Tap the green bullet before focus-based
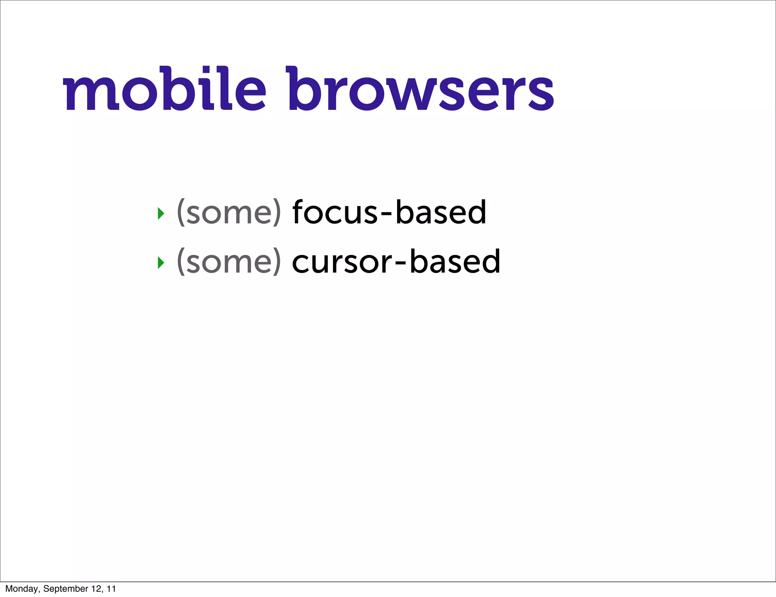(161, 214)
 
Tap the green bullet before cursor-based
(161, 263)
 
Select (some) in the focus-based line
(229, 213)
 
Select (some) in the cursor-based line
(229, 261)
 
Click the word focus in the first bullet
(335, 213)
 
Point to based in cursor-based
(455, 261)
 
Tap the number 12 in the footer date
(96, 589)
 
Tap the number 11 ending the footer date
(111, 589)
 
